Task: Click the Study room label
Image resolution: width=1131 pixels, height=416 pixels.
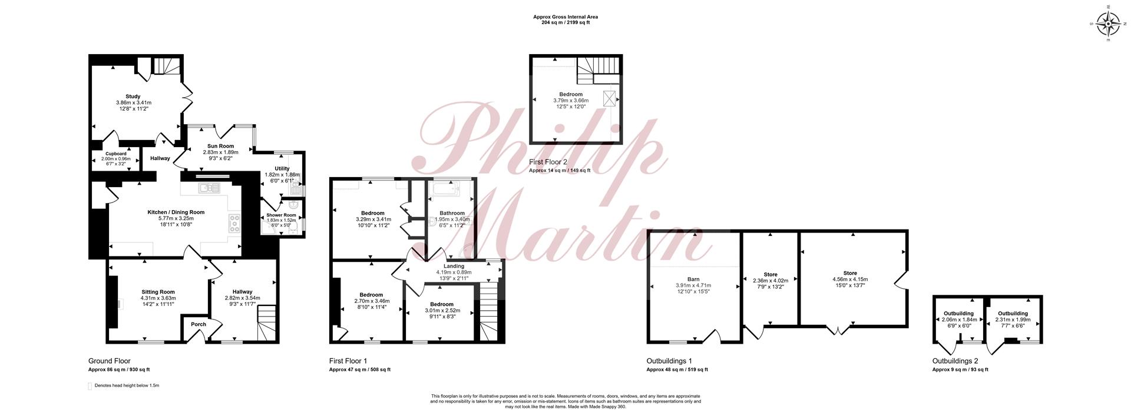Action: pyautogui.click(x=133, y=96)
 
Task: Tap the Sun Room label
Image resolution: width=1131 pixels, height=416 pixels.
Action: pyautogui.click(x=220, y=146)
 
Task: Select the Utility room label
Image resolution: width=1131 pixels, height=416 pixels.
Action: pyautogui.click(x=282, y=168)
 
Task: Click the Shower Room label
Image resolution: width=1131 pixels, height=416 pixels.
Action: pyautogui.click(x=282, y=215)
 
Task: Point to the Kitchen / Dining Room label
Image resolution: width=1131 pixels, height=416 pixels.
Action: pyautogui.click(x=176, y=212)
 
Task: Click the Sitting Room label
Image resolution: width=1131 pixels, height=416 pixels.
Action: pyautogui.click(x=158, y=292)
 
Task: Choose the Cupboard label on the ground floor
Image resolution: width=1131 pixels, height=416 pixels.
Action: pyautogui.click(x=116, y=154)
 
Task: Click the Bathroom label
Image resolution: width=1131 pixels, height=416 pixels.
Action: pyautogui.click(x=452, y=213)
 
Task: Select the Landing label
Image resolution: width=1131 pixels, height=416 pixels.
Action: pyautogui.click(x=454, y=266)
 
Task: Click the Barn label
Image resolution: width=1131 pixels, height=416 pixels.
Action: pyautogui.click(x=693, y=279)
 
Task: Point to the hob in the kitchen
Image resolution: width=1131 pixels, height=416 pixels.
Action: pyautogui.click(x=234, y=224)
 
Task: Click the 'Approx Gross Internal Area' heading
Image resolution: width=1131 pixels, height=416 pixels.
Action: pyautogui.click(x=565, y=17)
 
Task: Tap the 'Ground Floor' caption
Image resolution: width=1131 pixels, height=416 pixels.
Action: pyautogui.click(x=110, y=361)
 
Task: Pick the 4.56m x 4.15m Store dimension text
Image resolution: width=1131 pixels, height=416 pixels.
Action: pyautogui.click(x=850, y=279)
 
